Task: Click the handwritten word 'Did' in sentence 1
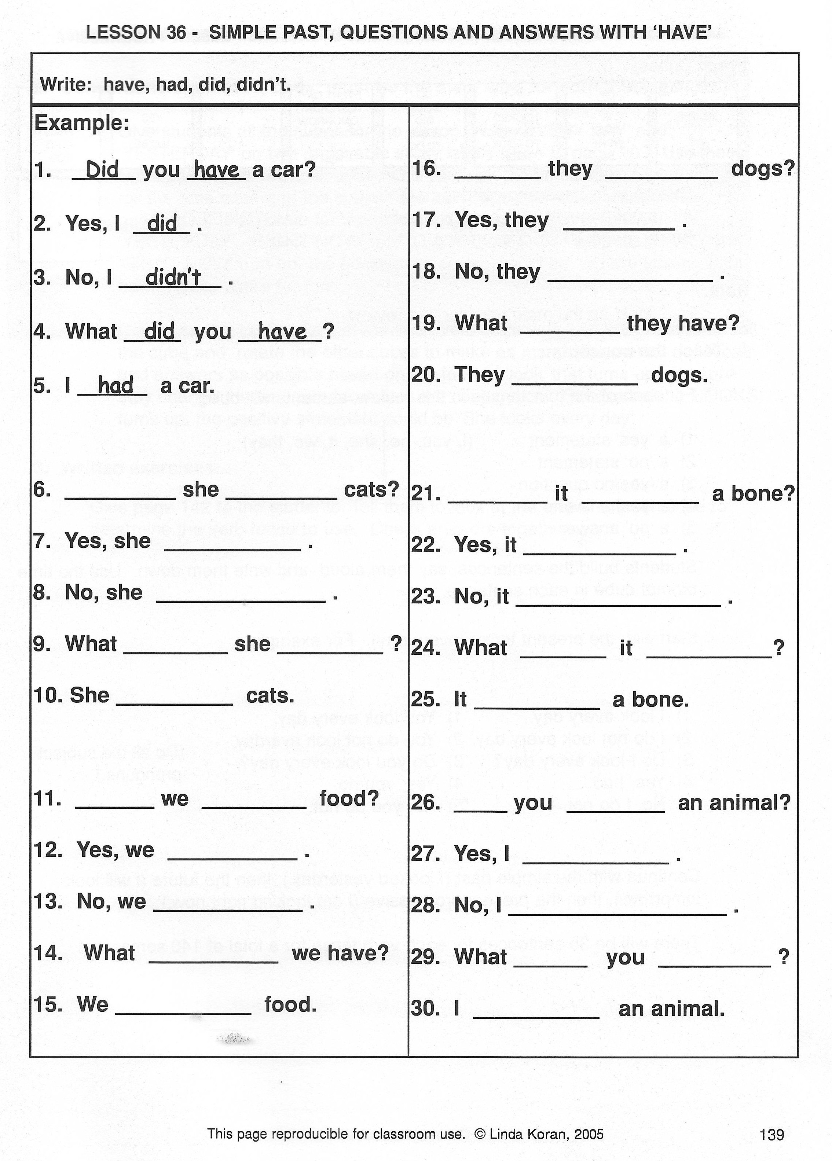(x=102, y=169)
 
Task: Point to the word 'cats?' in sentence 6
(x=371, y=489)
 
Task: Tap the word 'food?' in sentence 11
(x=349, y=798)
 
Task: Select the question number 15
(x=48, y=1004)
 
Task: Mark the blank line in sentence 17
(x=619, y=228)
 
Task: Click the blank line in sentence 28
(x=617, y=914)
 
